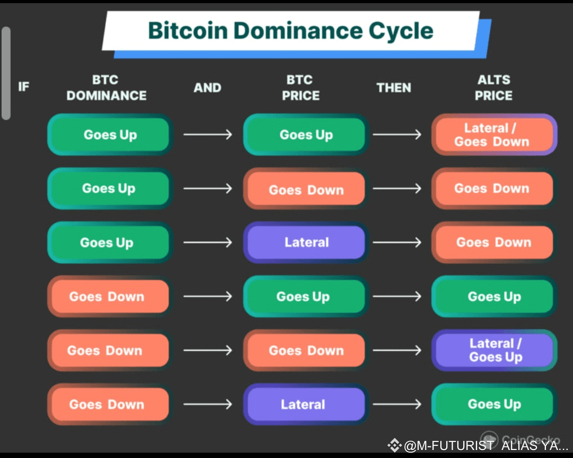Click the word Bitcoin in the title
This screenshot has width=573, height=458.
[x=188, y=30]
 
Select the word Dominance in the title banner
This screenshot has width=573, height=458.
[x=298, y=30]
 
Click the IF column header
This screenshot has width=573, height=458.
[x=24, y=86]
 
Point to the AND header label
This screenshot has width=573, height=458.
[x=207, y=87]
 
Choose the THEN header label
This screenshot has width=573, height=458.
[x=394, y=87]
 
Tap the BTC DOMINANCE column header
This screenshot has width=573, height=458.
[x=106, y=87]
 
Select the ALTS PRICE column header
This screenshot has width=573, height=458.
[x=493, y=87]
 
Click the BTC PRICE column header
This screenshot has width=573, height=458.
[x=300, y=87]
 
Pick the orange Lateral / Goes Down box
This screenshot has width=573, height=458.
[x=494, y=135]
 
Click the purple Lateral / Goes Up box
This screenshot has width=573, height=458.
[x=494, y=350]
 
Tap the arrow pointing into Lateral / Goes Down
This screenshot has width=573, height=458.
[x=397, y=135]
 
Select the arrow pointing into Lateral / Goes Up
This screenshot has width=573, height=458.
[x=397, y=350]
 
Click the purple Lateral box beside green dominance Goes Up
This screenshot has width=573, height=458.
[x=306, y=242]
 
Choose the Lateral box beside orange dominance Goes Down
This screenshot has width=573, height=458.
[x=306, y=404]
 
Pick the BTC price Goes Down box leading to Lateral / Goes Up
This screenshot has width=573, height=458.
[x=306, y=350]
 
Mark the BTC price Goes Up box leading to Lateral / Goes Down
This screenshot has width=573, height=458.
[x=306, y=135]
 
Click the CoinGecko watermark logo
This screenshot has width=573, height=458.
[x=489, y=438]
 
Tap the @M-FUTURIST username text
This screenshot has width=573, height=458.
[x=449, y=446]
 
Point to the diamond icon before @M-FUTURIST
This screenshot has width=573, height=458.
[x=394, y=445]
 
